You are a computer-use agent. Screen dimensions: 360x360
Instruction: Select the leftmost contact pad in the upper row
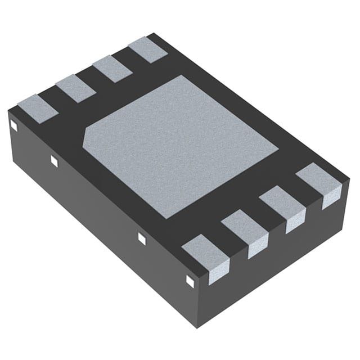pyautogui.click(x=38, y=109)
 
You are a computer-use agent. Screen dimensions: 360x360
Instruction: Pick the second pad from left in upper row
pyautogui.click(x=75, y=89)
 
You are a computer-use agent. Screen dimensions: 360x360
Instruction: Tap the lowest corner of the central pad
pyautogui.click(x=165, y=218)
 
